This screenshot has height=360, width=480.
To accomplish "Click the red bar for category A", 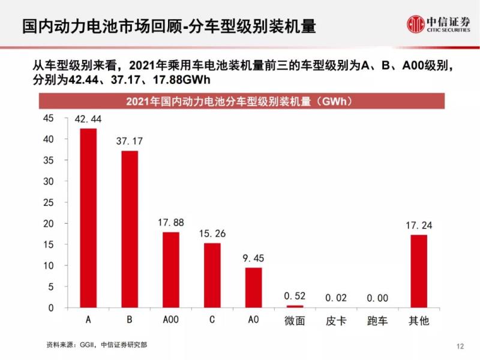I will (x=88, y=218).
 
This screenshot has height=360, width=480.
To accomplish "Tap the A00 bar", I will (x=170, y=270).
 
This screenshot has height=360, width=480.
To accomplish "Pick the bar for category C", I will (x=212, y=275).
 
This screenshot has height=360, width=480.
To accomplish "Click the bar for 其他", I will (x=418, y=271).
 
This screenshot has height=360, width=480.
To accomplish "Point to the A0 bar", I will (x=253, y=287).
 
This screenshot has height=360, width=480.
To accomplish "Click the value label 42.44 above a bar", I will (x=88, y=120).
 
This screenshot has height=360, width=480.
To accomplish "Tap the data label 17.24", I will (x=418, y=226).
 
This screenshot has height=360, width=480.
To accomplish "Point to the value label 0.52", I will (x=295, y=296).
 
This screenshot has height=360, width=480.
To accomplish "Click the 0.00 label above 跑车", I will (x=377, y=298).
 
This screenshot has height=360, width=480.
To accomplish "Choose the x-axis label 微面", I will (x=295, y=320).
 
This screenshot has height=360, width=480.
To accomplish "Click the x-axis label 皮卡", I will (x=335, y=320).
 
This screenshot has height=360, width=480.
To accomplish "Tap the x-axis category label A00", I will (x=170, y=320).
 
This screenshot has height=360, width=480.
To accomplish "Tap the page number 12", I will (x=460, y=346).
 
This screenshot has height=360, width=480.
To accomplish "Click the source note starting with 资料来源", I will (x=97, y=345).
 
